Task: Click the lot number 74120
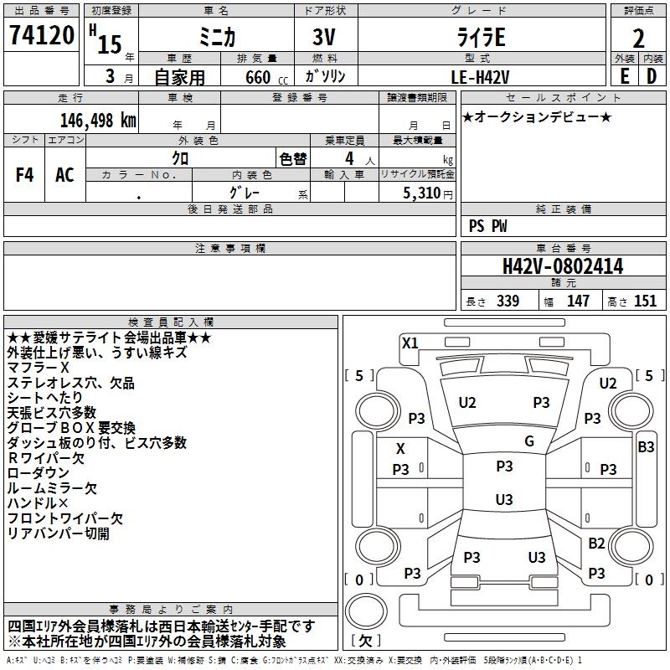pyautogui.click(x=41, y=36)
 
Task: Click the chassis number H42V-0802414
pyautogui.click(x=562, y=266)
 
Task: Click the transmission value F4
pyautogui.click(x=24, y=175)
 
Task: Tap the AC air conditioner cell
pyautogui.click(x=64, y=175)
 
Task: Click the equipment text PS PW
pyautogui.click(x=487, y=225)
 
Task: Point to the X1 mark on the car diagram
pyautogui.click(x=410, y=343)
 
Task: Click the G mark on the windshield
pyautogui.click(x=528, y=441)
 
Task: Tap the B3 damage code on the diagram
pyautogui.click(x=646, y=447)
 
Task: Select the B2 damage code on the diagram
pyautogui.click(x=596, y=544)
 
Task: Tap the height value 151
pyautogui.click(x=645, y=301)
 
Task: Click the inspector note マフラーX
pyautogui.click(x=38, y=368)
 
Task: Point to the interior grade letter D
pyautogui.click(x=651, y=75)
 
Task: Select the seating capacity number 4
pyautogui.click(x=348, y=158)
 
